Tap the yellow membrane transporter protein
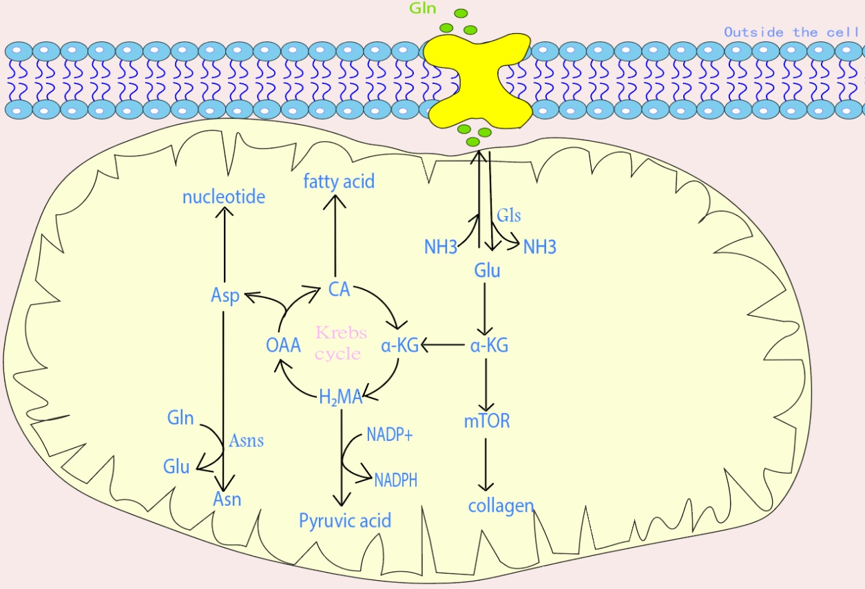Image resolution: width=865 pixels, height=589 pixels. point(477,80)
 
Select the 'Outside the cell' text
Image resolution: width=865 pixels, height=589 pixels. point(790,32)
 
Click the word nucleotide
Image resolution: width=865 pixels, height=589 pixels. point(224,197)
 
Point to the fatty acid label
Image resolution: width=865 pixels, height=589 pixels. point(339,182)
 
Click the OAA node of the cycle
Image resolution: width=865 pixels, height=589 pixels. point(284,345)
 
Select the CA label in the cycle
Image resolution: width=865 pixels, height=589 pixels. point(339,289)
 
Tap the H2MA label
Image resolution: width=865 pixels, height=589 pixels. point(340,396)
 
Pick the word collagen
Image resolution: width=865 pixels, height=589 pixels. point(501,506)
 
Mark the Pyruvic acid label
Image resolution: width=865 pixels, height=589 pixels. point(345,520)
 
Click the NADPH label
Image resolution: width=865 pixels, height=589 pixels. point(395,480)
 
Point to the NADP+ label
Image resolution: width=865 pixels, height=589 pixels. point(389,435)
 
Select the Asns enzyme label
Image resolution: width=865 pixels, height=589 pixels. point(246,440)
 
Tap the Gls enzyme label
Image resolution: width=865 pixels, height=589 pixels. point(509,215)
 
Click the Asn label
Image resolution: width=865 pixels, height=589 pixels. point(227,498)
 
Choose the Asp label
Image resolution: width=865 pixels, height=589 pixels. point(225,296)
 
